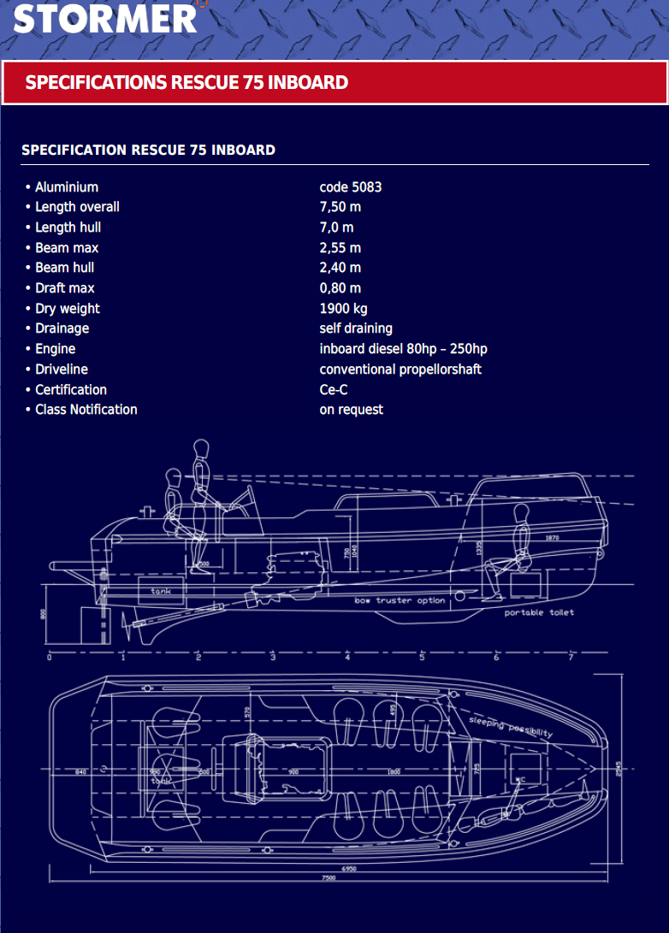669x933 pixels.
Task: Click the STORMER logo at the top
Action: pyautogui.click(x=104, y=18)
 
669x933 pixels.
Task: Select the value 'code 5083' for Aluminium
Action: pyautogui.click(x=350, y=187)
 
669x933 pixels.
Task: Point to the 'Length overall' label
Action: pyautogui.click(x=77, y=207)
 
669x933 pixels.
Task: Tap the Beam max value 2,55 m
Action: pyautogui.click(x=340, y=248)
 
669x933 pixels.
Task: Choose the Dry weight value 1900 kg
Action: pyautogui.click(x=343, y=309)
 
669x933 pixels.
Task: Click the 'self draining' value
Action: pyautogui.click(x=356, y=328)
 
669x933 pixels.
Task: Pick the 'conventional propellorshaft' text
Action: pyautogui.click(x=400, y=369)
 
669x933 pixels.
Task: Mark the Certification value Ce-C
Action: pyautogui.click(x=333, y=390)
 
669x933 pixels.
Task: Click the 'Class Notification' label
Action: pyautogui.click(x=86, y=410)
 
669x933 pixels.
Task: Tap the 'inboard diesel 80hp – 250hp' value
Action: pyautogui.click(x=403, y=349)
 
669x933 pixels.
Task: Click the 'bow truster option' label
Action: pyautogui.click(x=400, y=601)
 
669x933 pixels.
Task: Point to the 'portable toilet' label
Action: pyautogui.click(x=538, y=613)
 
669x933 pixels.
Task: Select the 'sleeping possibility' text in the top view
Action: pyautogui.click(x=510, y=727)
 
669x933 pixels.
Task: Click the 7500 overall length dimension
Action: pyautogui.click(x=329, y=878)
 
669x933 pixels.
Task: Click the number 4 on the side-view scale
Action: pyautogui.click(x=347, y=658)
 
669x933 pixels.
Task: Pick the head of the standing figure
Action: pyautogui.click(x=201, y=448)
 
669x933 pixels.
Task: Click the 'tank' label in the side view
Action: pyautogui.click(x=161, y=591)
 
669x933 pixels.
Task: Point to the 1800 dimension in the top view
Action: pyautogui.click(x=394, y=772)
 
